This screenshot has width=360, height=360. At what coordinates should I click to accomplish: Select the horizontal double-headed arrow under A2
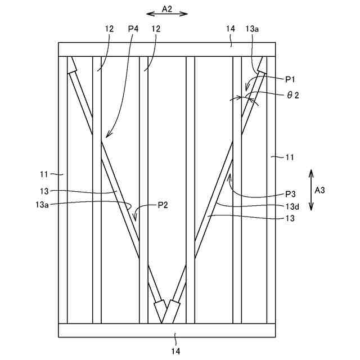point(166,14)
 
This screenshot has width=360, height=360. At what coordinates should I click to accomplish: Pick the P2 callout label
point(163,204)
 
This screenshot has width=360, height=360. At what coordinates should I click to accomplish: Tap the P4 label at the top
point(133,28)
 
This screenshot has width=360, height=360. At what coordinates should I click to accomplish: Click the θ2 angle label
point(292,95)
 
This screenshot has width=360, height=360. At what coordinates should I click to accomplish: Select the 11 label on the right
point(288,157)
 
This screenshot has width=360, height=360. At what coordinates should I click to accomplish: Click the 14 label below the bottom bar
point(175,351)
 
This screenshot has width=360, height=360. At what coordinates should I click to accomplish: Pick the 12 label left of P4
point(108,28)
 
